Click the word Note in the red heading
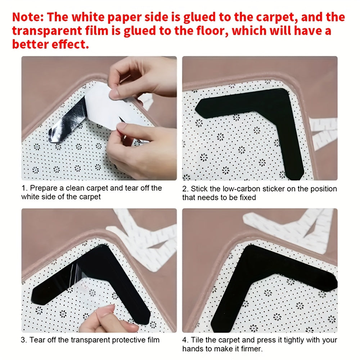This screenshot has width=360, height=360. (27, 17)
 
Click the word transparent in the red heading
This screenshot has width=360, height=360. (49, 31)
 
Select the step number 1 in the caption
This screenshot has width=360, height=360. (23, 188)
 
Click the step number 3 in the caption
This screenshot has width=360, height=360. (23, 339)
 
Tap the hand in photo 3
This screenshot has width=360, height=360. (104, 320)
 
